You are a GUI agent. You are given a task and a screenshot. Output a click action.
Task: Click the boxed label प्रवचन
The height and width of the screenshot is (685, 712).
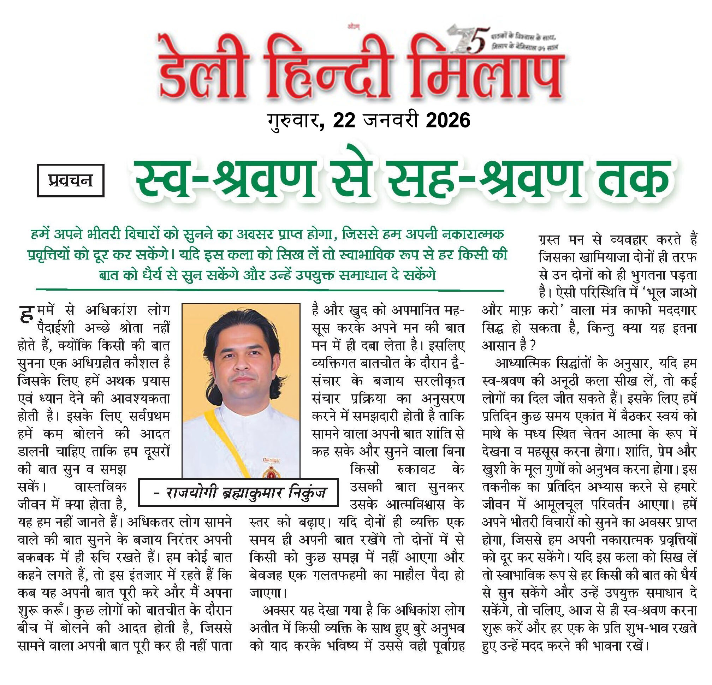coord(71,180)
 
